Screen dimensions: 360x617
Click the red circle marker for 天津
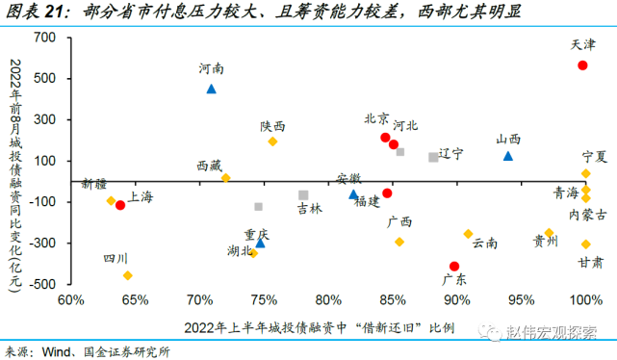(x=582, y=65)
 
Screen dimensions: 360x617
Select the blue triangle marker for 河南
(x=211, y=89)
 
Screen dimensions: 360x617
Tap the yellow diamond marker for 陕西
(x=272, y=141)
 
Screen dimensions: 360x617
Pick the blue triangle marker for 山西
(x=508, y=156)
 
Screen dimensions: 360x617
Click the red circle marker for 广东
(x=454, y=267)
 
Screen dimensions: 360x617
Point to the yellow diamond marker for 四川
(x=127, y=275)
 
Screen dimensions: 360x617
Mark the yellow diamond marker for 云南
(x=469, y=234)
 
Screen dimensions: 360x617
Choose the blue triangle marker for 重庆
(x=260, y=244)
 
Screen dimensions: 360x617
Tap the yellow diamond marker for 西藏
(x=225, y=178)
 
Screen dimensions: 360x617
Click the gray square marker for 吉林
(x=303, y=195)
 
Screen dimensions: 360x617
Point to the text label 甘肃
(x=591, y=262)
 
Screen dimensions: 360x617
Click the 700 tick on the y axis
(x=45, y=37)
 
